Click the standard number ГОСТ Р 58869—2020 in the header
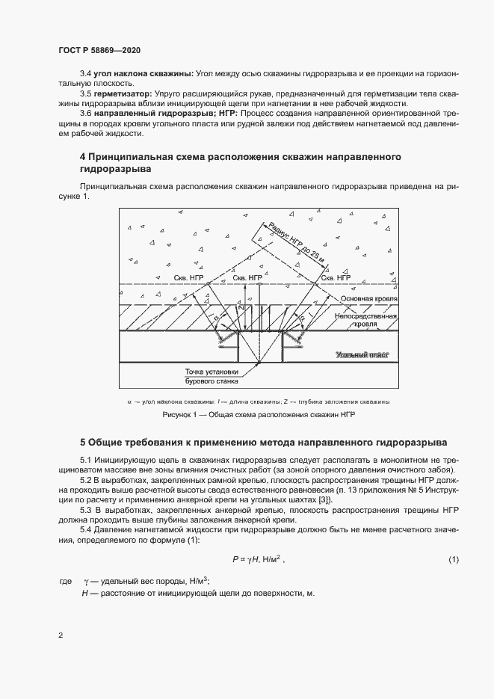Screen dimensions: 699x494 click(99, 50)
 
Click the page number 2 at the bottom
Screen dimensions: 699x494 click(60, 636)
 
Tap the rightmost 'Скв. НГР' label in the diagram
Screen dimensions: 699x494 click(335, 278)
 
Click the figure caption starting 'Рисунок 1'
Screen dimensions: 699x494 click(258, 414)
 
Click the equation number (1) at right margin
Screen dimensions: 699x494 click(454, 559)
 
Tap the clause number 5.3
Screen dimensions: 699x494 click(86, 510)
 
